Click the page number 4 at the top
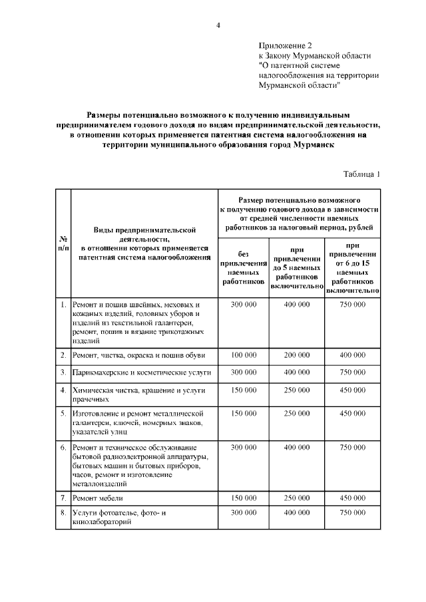tap(218, 25)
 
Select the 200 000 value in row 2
tap(297, 355)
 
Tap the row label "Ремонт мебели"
tap(99, 498)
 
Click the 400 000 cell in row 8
tap(297, 514)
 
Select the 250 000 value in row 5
tap(297, 413)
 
